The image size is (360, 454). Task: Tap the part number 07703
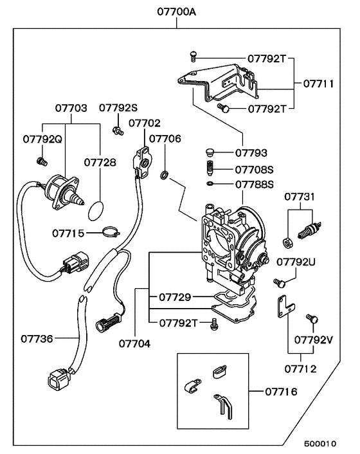point(71,109)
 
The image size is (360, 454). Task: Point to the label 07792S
point(118,109)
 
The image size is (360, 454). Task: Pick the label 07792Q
point(42,138)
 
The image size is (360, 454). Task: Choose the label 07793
point(251,153)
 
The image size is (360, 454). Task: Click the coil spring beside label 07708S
point(208,170)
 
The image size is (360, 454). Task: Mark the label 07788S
point(255,185)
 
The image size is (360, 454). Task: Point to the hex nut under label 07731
point(289,242)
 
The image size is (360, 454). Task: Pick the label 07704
point(134,343)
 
